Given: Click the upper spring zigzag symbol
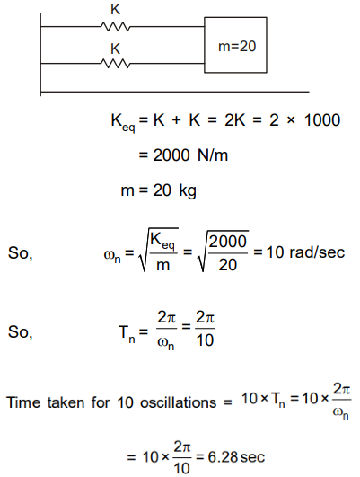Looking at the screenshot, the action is tap(115, 26).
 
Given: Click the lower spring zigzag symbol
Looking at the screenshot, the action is tap(115, 63).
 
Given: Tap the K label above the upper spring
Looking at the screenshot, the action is tap(115, 10).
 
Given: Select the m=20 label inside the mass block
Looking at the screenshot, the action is tap(237, 46).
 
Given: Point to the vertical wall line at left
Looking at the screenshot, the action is tap(40, 55).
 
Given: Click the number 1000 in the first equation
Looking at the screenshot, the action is tap(322, 119).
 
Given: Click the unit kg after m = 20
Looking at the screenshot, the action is tap(188, 191).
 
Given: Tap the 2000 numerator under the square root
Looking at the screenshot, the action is tap(227, 242).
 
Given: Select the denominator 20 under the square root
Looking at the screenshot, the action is tap(227, 265).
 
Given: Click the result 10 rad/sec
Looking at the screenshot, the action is tap(305, 252).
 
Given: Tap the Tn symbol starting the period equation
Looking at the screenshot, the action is tap(127, 333).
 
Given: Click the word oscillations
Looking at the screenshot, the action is tap(178, 402).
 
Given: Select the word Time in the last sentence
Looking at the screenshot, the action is tap(23, 402).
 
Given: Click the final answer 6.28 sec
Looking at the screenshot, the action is tap(236, 457).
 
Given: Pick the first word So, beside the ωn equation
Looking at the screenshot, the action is tap(20, 253).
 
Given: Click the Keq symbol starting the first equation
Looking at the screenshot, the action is tap(123, 122).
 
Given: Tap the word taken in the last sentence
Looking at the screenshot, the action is tap(66, 402).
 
